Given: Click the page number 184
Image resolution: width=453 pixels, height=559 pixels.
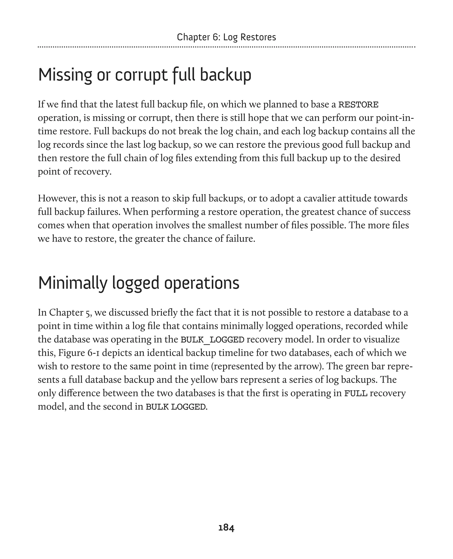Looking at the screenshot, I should coord(226,528).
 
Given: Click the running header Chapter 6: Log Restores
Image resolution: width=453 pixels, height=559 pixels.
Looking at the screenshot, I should coord(226,37).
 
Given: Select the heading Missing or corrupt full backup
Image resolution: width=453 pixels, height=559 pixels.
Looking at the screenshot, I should coord(145,75).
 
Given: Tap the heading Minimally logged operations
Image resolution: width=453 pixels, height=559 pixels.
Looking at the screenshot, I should coord(138,283).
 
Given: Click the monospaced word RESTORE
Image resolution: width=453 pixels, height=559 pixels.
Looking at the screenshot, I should coord(358,105).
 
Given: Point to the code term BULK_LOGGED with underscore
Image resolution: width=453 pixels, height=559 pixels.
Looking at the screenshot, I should coord(212,340).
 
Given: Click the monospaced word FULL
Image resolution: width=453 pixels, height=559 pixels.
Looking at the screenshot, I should coord(356,393).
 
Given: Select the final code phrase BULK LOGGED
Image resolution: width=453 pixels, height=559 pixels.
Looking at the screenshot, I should coord(176,407).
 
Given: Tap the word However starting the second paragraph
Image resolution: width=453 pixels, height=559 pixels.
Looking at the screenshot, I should coord(58,199).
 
